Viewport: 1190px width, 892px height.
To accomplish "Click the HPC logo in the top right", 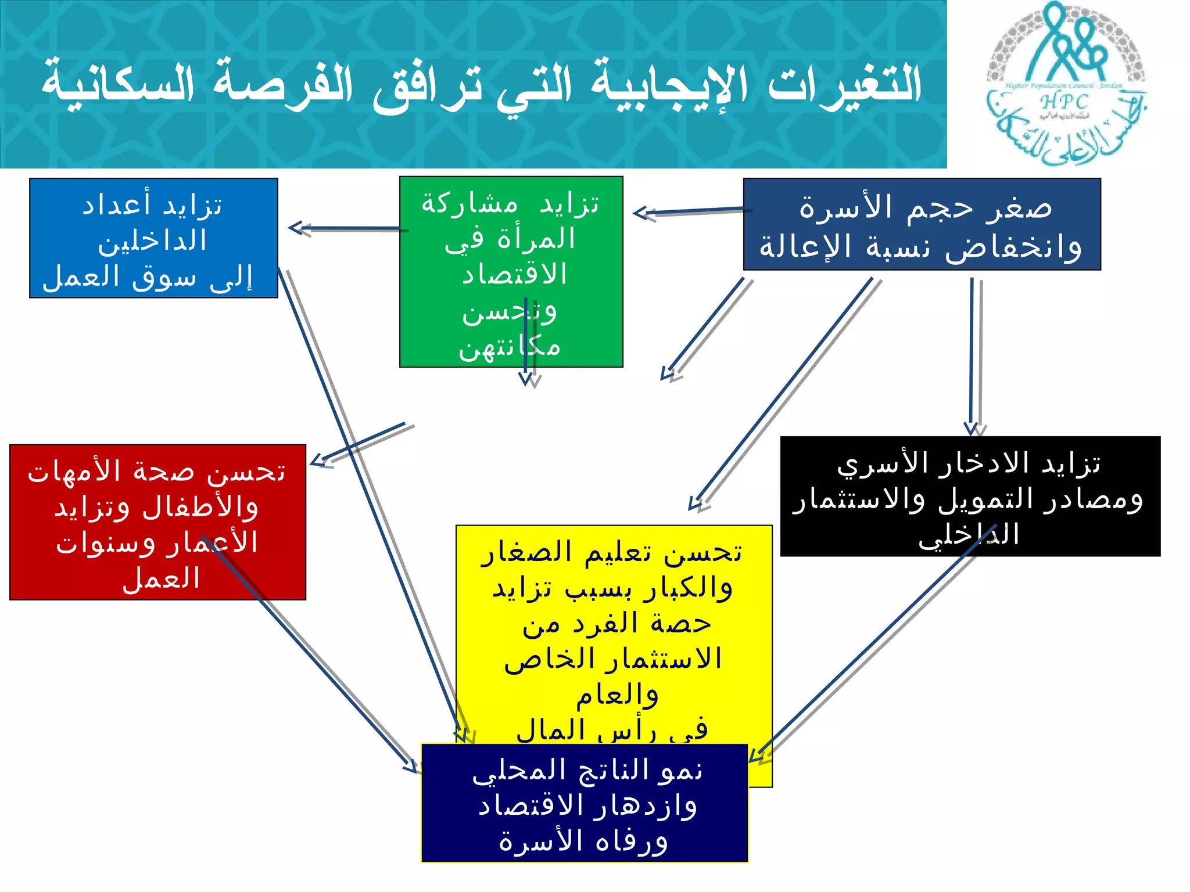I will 1066,84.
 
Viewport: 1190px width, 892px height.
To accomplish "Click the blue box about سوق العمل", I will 153,238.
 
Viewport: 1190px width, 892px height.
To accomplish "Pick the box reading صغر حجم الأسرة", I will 922,224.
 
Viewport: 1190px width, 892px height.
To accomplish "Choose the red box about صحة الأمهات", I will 157,521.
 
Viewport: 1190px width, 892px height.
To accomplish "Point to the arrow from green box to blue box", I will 349,229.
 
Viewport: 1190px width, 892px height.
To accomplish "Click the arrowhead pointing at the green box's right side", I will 642,214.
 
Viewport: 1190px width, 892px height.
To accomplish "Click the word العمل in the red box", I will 161,578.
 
